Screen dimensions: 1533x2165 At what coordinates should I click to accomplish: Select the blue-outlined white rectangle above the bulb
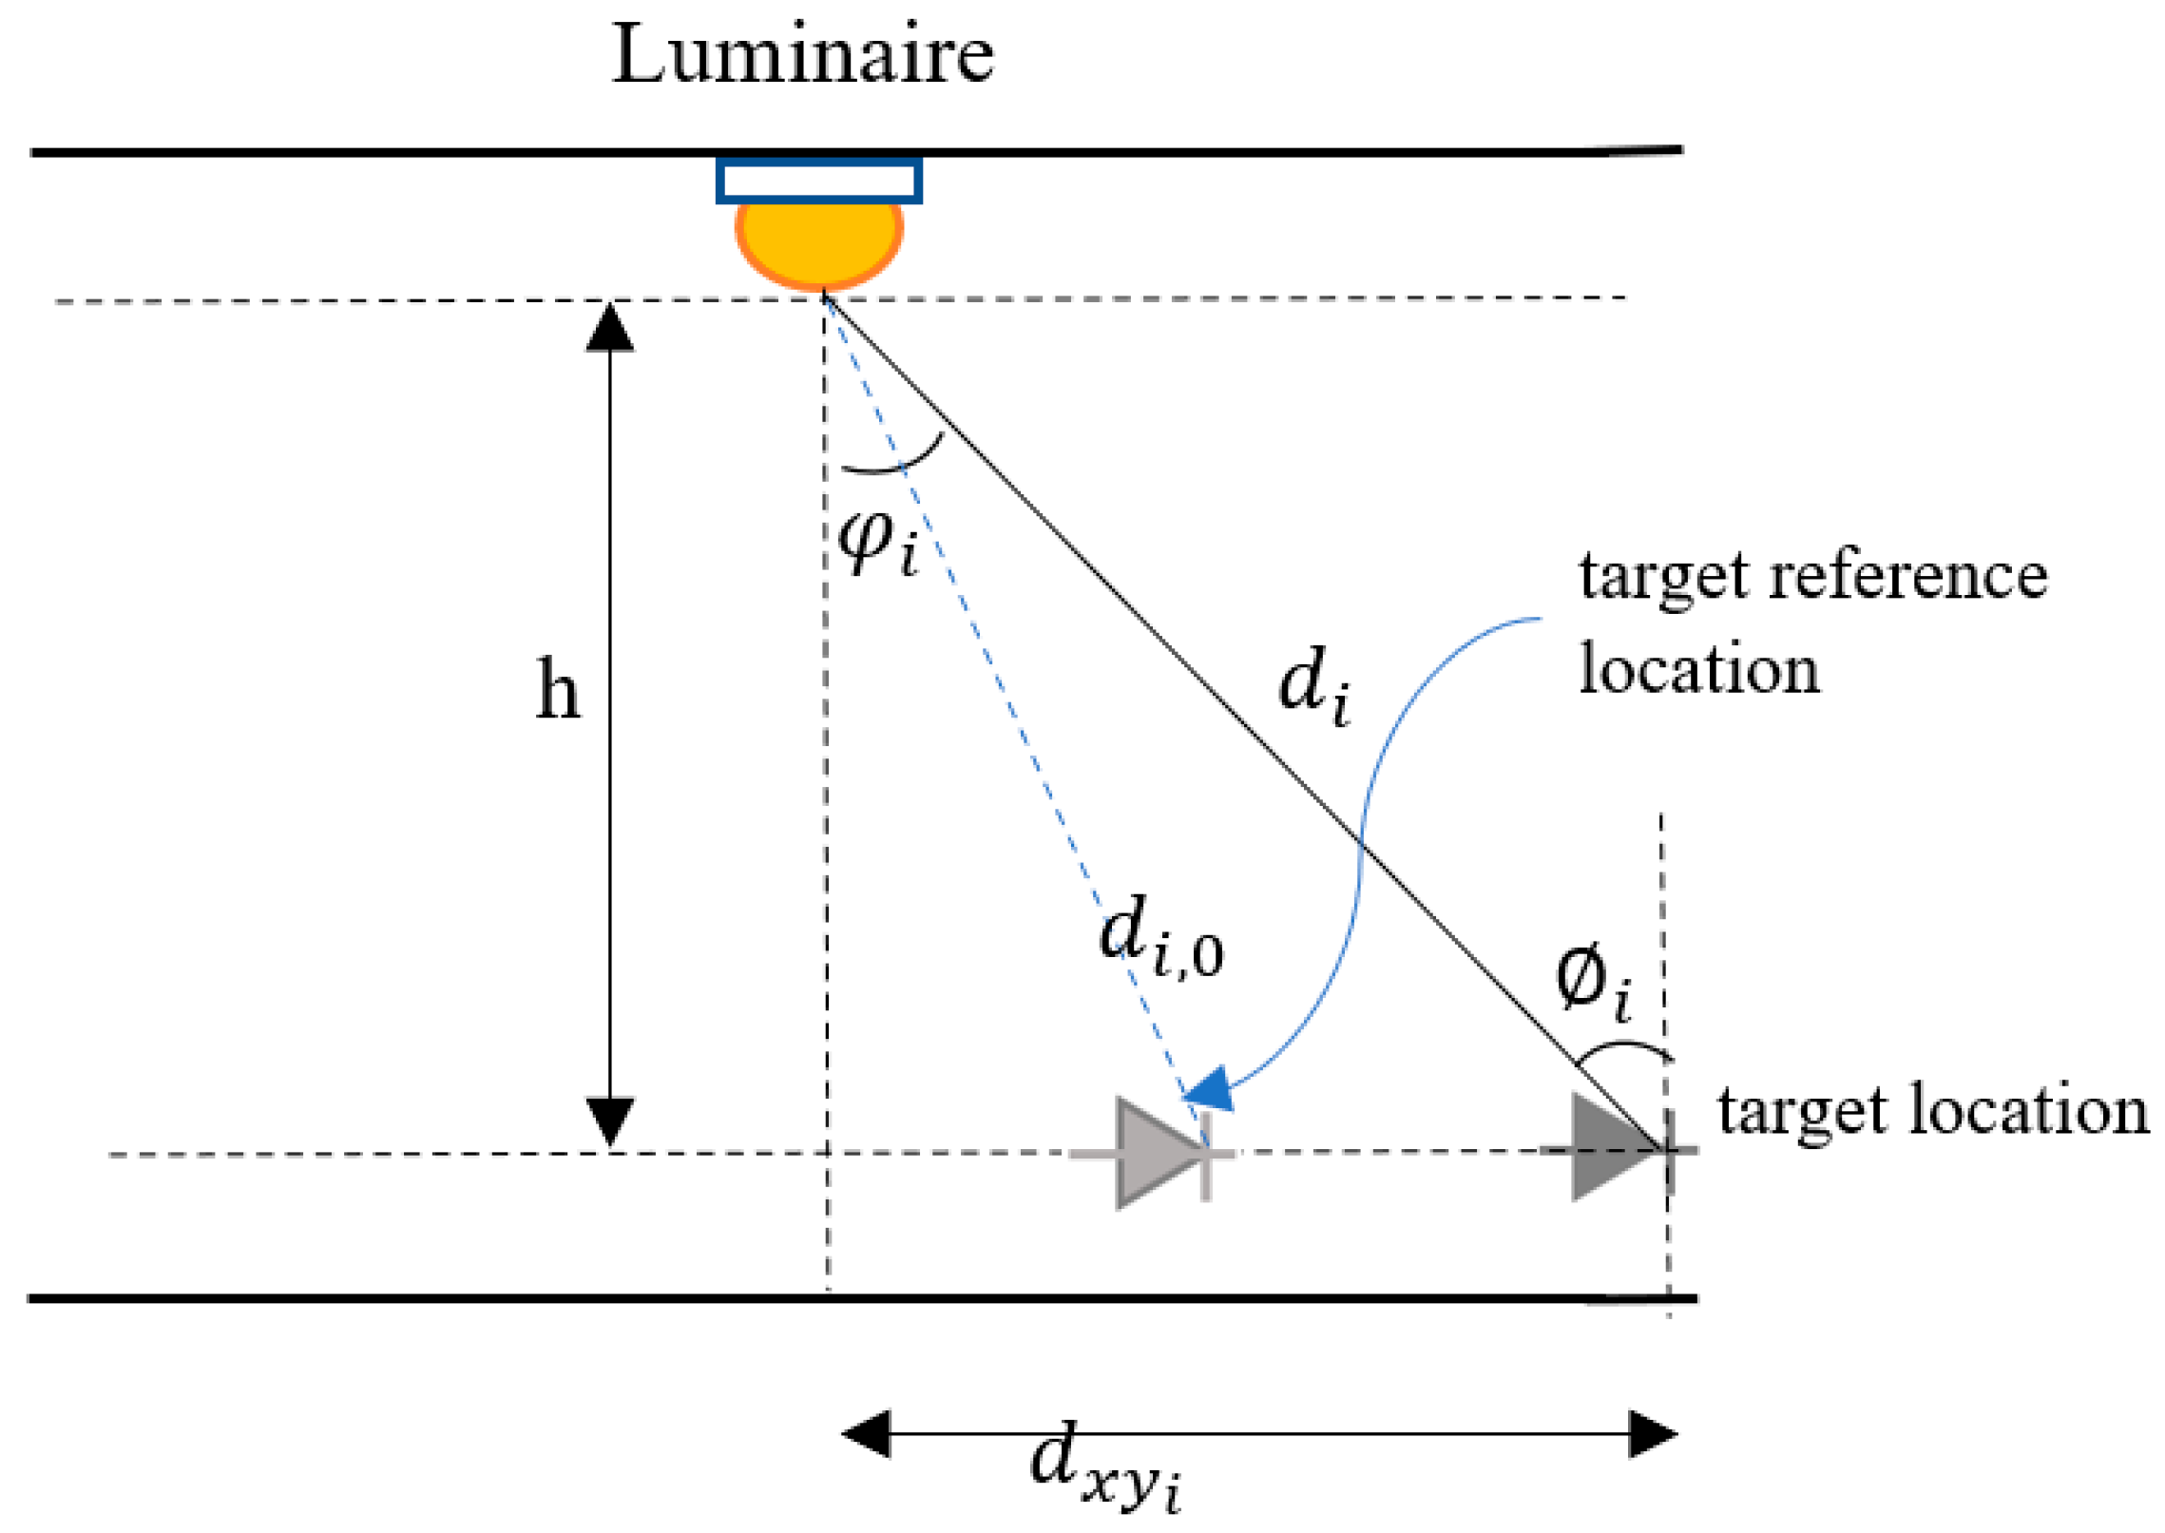[x=818, y=181]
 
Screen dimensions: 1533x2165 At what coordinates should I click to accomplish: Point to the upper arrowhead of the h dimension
[x=609, y=329]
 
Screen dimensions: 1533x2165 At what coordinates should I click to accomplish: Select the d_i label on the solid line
[x=1313, y=685]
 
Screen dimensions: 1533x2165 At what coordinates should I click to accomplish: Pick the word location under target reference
[x=1698, y=669]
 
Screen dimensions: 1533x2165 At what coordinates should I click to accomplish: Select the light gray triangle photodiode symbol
[x=1156, y=1154]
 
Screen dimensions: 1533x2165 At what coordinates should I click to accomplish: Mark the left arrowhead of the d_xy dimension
[x=866, y=1434]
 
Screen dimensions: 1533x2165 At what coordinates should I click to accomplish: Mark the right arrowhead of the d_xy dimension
[x=1653, y=1434]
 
